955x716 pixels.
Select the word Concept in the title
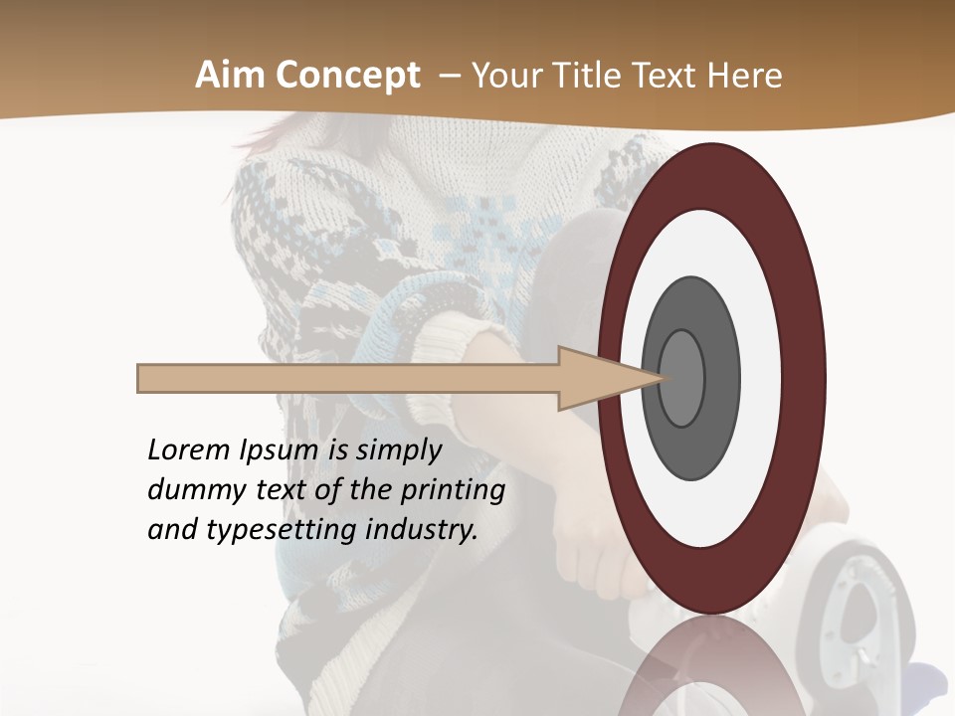coord(349,76)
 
